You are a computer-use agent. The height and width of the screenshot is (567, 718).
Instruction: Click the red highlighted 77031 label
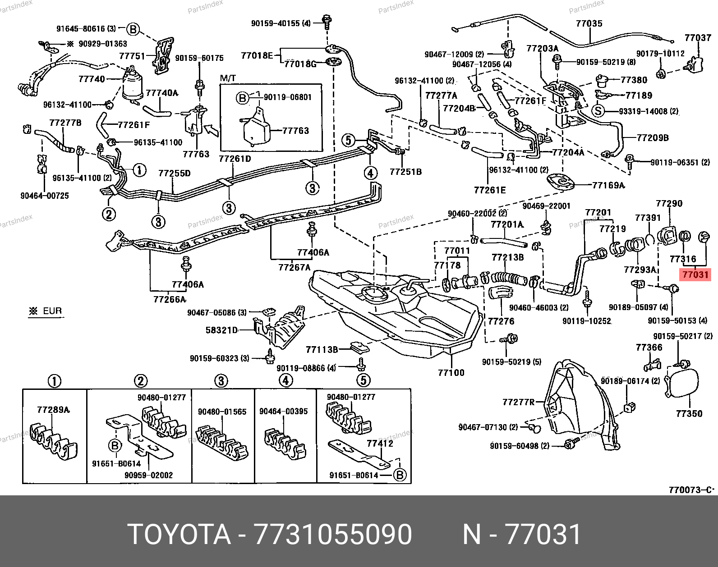tap(695, 274)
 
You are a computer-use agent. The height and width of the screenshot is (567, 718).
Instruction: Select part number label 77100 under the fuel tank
tap(451, 372)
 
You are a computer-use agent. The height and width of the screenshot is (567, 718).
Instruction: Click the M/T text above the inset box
tap(228, 78)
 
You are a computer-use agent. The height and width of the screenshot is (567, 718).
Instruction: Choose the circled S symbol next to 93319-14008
tap(598, 111)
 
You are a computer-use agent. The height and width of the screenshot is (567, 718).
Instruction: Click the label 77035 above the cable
tap(589, 23)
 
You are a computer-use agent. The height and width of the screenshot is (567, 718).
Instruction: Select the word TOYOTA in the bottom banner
tap(179, 535)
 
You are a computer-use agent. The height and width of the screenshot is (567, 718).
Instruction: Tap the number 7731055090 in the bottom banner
tap(333, 535)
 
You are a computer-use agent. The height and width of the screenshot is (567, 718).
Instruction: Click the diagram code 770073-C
tap(691, 490)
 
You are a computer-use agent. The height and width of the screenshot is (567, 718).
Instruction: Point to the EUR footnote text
tap(52, 311)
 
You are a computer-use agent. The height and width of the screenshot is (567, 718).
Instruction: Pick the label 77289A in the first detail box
tap(53, 410)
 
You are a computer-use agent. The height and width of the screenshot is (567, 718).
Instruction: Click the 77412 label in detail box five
tap(380, 444)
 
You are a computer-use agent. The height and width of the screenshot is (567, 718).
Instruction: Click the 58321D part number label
tap(221, 330)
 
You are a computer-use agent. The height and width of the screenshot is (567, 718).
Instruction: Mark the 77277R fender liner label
tap(518, 402)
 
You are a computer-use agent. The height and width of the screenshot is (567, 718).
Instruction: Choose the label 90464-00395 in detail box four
tap(283, 412)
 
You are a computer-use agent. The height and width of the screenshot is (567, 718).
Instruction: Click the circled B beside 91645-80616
tap(133, 29)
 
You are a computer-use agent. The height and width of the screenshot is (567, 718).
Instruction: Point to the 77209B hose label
tap(652, 138)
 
